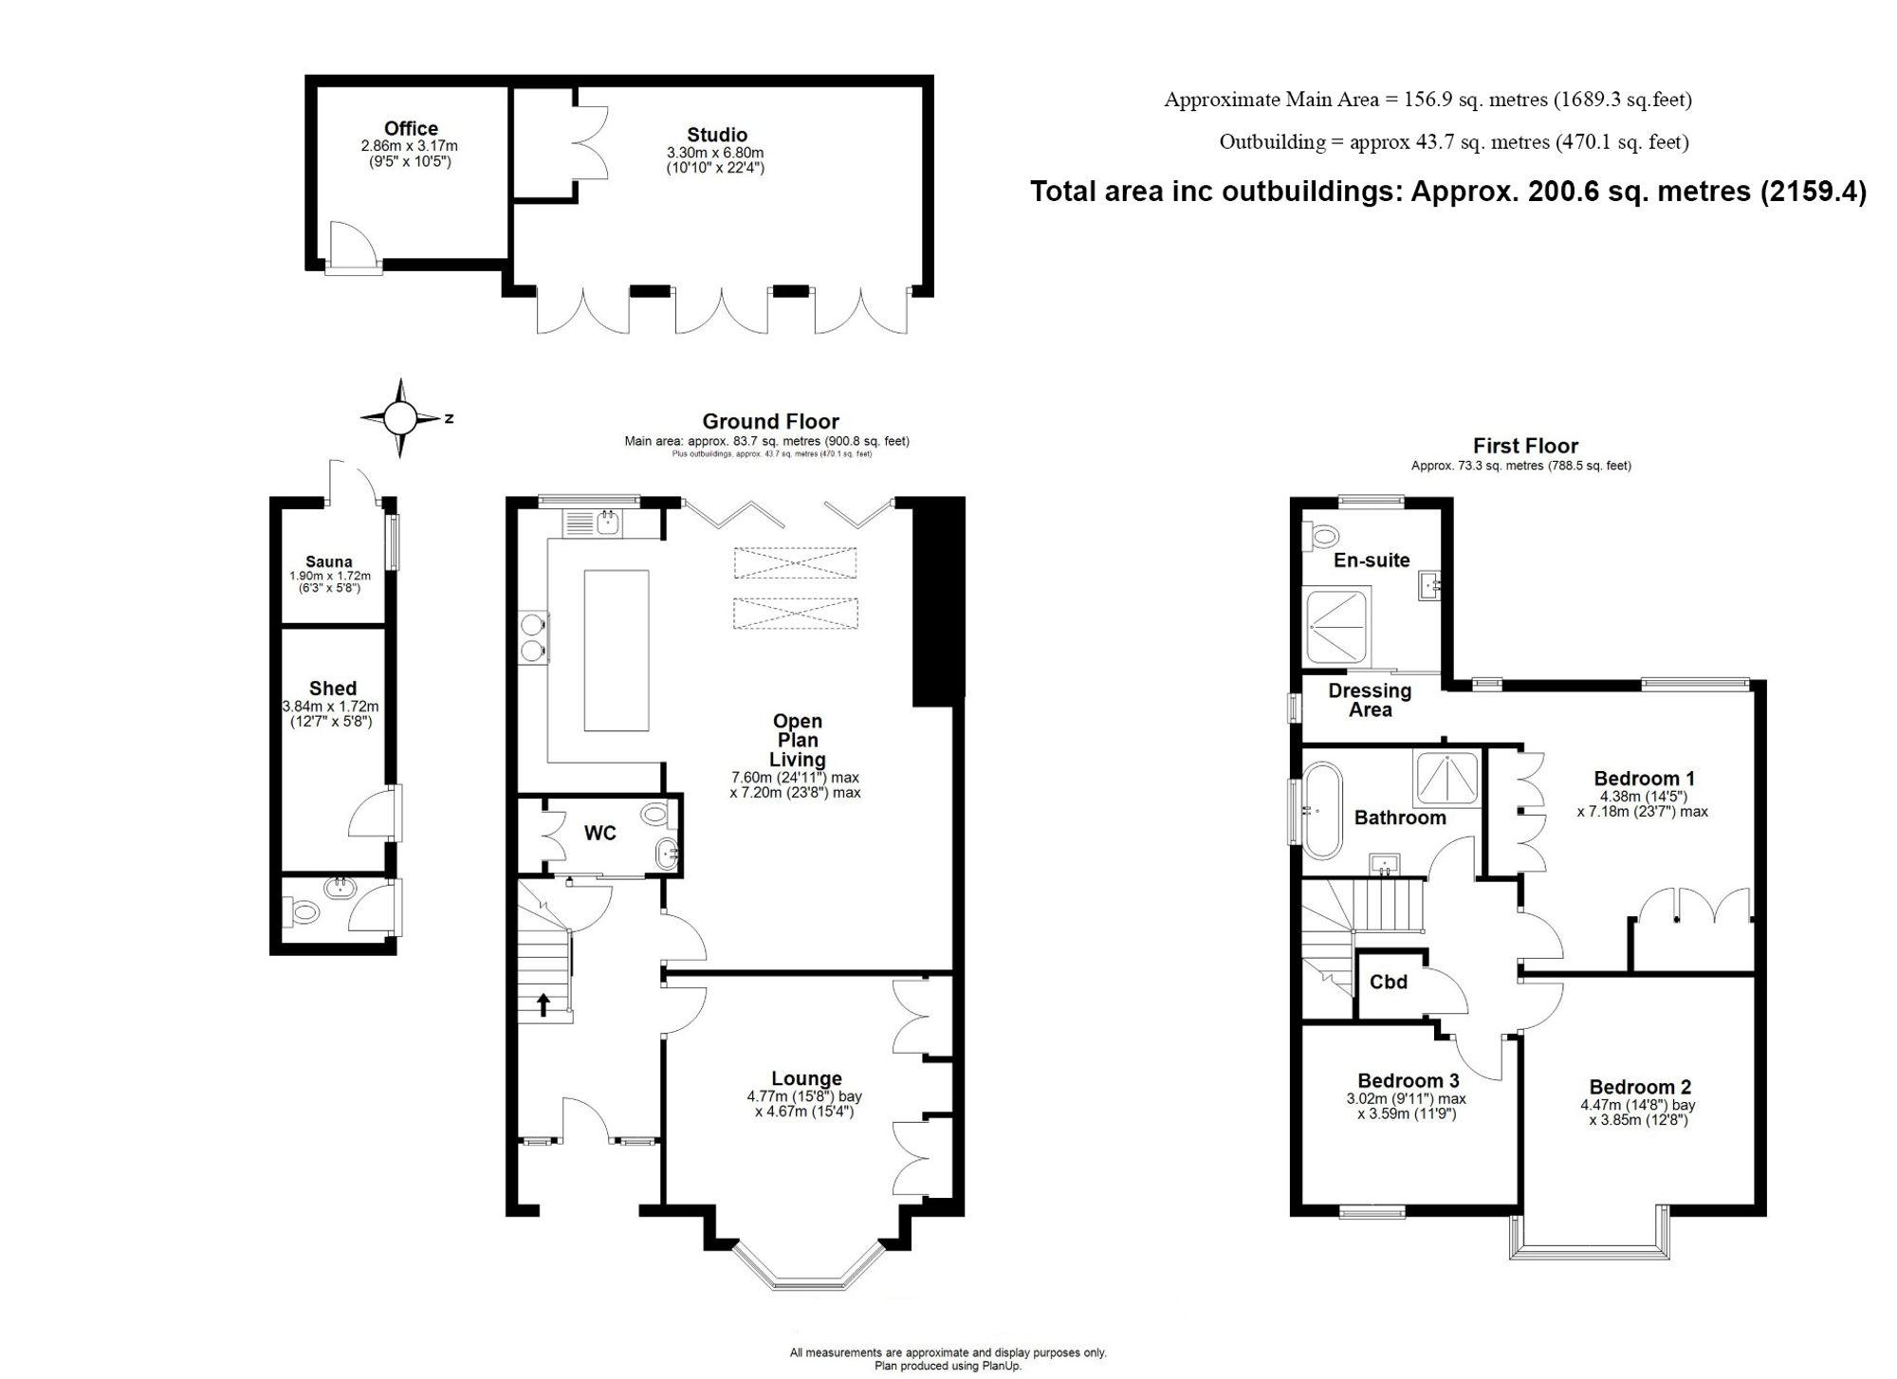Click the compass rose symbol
tap(400, 417)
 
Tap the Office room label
tap(411, 128)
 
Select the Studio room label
tap(717, 135)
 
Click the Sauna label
tap(329, 561)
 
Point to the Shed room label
tap(333, 689)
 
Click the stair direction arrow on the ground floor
tap(543, 1003)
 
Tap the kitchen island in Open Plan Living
tap(617, 650)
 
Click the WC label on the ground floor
tap(599, 833)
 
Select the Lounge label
tap(806, 1078)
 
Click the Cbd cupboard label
tap(1389, 982)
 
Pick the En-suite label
tap(1372, 560)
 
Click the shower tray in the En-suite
tap(1338, 627)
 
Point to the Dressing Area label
tap(1370, 700)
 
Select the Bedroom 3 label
tap(1408, 1080)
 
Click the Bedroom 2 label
tap(1640, 1087)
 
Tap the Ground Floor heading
tap(770, 421)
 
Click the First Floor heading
tap(1525, 446)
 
